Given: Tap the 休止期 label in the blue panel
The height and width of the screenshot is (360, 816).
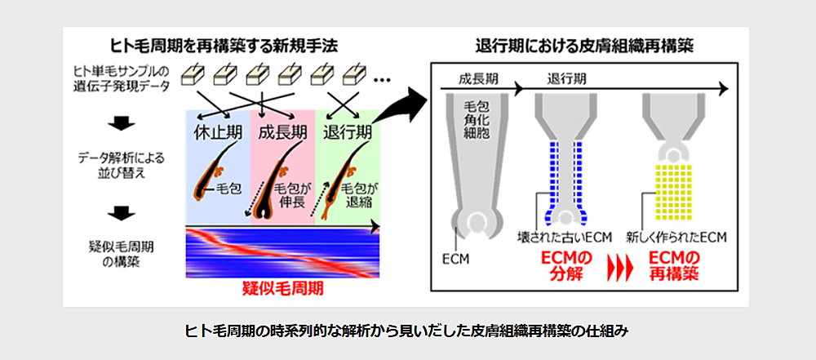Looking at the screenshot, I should click(x=217, y=132).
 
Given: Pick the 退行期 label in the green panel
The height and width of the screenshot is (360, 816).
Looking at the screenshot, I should click(x=348, y=132).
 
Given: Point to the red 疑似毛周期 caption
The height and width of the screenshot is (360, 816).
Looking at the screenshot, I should click(x=282, y=289).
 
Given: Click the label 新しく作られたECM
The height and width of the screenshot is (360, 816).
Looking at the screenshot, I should click(x=676, y=238).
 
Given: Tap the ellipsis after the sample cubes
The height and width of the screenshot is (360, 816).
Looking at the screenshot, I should click(x=382, y=79).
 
